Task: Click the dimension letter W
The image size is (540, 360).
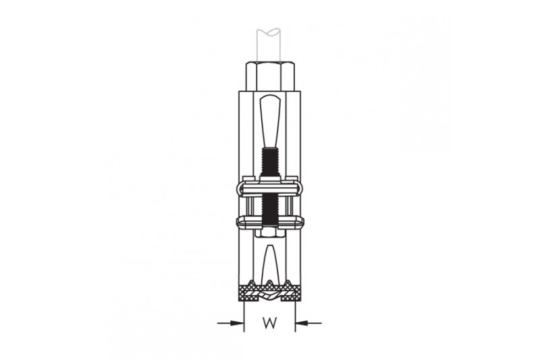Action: pyautogui.click(x=270, y=323)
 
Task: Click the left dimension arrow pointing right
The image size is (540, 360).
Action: pyautogui.click(x=231, y=323)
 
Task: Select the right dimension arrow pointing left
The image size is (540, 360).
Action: pyautogui.click(x=308, y=323)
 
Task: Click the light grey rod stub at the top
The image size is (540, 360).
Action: pyautogui.click(x=270, y=45)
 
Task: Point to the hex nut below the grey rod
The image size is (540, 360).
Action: pyautogui.click(x=270, y=76)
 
